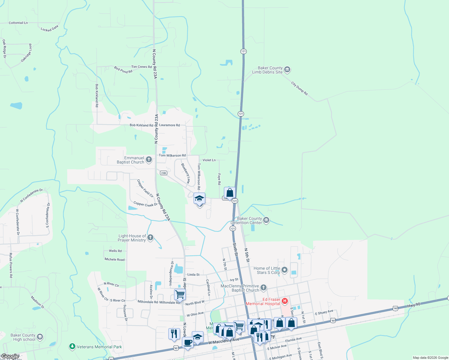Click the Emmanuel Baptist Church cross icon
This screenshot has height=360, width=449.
coord(149,160)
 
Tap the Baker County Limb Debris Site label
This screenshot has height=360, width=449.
coord(267,70)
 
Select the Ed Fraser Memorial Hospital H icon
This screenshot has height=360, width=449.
coord(285,301)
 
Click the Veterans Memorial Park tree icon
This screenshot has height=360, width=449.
coord(72,346)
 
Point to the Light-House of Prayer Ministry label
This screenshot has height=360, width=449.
coord(132,238)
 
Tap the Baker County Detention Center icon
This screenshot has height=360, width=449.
coord(266,220)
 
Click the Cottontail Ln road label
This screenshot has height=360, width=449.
coord(18,23)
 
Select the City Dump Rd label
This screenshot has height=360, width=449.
coord(299,88)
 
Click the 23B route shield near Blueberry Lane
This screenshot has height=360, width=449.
coord(163,173)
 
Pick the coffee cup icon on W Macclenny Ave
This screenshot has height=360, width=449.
coord(188,342)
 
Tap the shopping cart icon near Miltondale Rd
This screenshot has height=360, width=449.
coord(180,294)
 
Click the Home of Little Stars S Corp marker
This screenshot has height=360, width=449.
coord(285,270)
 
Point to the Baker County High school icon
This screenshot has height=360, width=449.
coord(40,337)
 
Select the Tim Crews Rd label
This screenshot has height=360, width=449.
coord(141,67)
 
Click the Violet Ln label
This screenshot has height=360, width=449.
coord(209,160)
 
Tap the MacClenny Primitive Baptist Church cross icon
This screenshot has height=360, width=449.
coord(264,288)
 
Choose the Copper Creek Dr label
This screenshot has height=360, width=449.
coord(145,204)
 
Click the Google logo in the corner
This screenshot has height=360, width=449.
coord(10,357)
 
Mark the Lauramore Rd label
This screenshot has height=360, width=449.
coord(169,125)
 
